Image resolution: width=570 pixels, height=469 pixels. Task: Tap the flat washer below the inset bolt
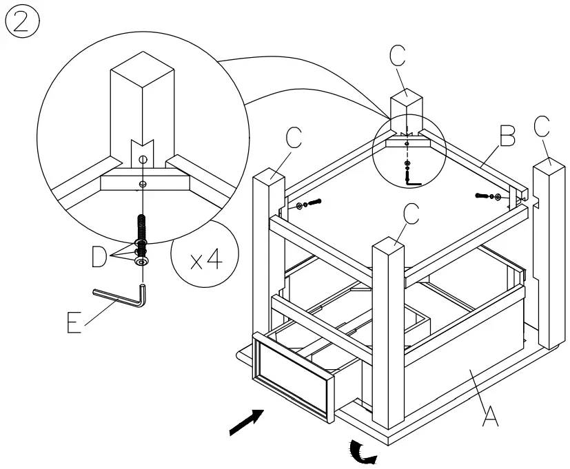[141, 262]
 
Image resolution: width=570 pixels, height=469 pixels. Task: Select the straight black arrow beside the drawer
[247, 421]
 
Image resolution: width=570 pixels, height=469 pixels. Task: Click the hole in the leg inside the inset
[141, 159]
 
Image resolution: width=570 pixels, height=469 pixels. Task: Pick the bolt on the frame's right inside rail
[487, 196]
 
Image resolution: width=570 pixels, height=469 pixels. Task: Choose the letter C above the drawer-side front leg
[409, 214]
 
